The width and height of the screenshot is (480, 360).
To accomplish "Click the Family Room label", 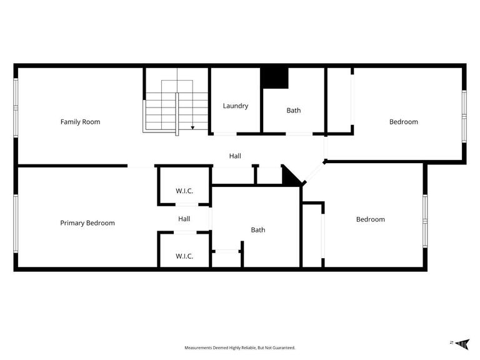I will click(80, 122).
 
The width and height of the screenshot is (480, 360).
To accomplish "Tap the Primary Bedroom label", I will click(87, 223).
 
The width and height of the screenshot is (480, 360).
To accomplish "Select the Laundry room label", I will click(236, 106).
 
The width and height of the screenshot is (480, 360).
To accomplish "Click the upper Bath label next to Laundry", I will click(294, 111).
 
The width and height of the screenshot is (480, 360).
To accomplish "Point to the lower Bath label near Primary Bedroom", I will click(258, 230).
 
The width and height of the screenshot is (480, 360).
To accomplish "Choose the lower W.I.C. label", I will click(184, 256).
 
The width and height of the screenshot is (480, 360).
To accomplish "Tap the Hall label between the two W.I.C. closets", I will click(184, 219).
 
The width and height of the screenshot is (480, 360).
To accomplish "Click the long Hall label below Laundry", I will click(235, 156).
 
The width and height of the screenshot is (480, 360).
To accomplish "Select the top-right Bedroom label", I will click(404, 122).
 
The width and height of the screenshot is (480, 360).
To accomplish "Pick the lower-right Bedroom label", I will click(371, 219).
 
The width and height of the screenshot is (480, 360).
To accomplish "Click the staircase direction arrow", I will click(192, 127).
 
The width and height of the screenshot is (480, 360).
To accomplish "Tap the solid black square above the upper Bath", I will click(274, 77).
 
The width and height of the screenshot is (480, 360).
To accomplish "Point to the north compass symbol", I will click(462, 343).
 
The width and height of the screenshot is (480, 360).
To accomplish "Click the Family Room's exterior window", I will click(16, 106).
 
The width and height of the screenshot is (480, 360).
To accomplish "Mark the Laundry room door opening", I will click(224, 134).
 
